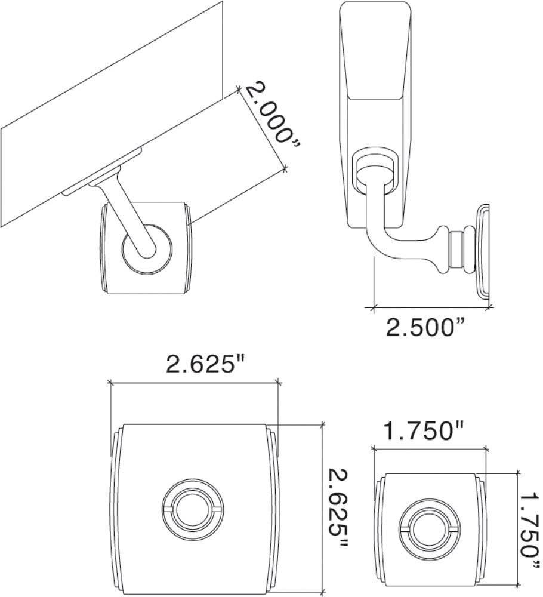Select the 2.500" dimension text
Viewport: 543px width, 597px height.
coord(425,327)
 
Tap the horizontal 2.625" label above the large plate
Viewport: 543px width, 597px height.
coord(206,364)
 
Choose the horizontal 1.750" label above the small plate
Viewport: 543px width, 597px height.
coord(424,430)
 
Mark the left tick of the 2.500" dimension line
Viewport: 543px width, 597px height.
coord(374,308)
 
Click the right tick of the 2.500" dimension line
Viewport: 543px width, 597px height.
coord(489,308)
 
